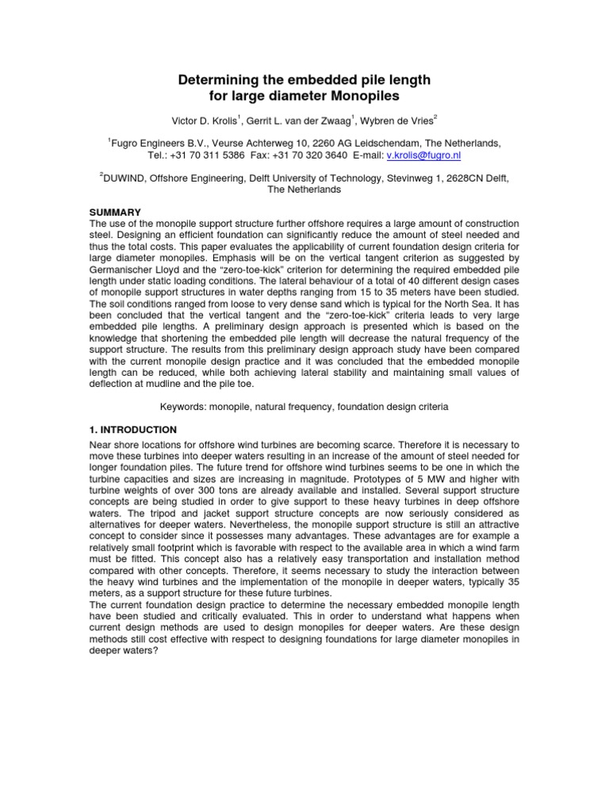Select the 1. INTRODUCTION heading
(132, 429)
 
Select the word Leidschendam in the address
(362, 144)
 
